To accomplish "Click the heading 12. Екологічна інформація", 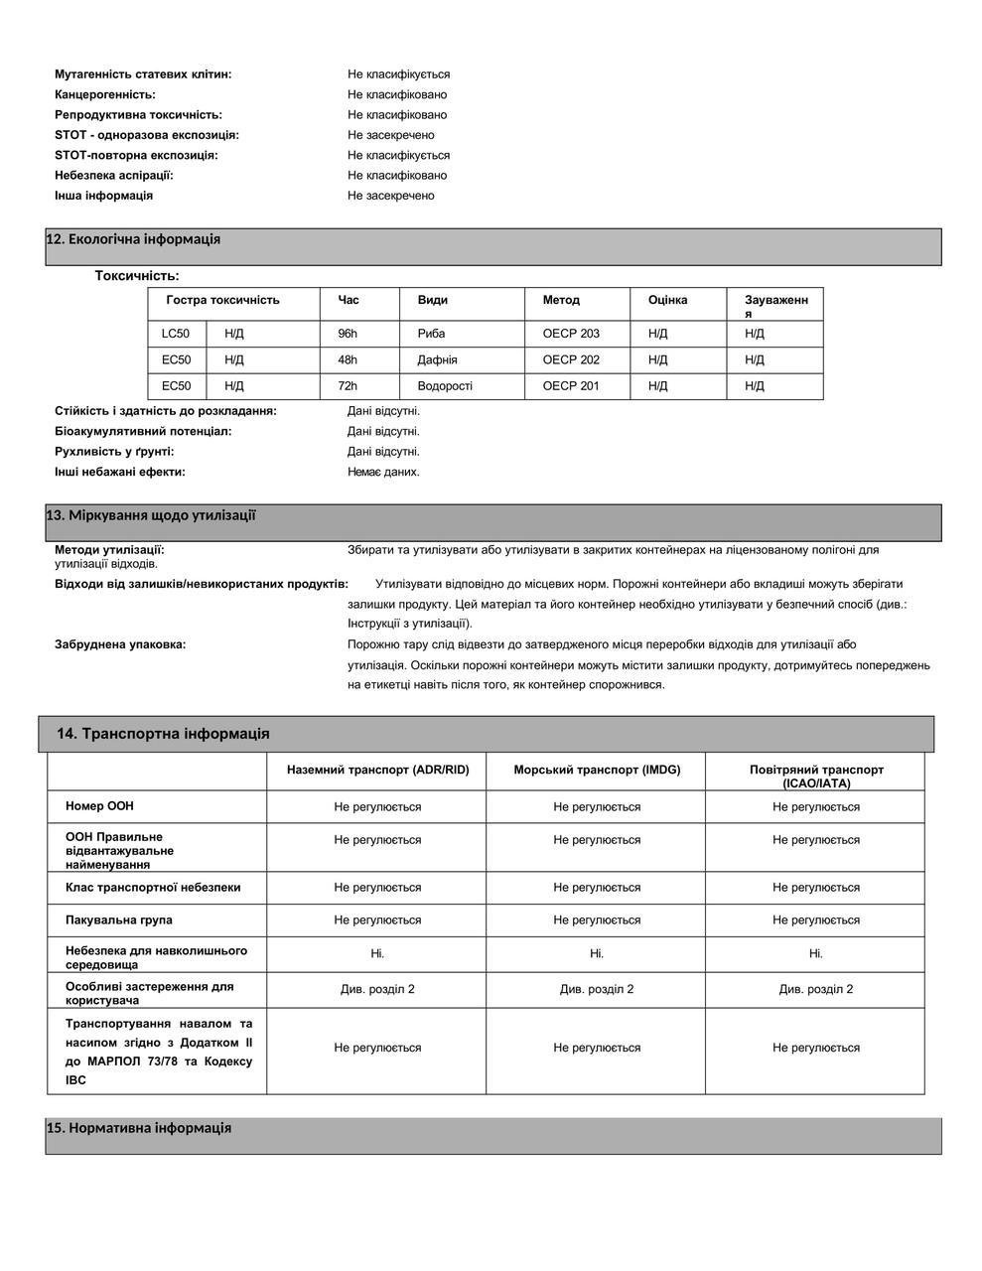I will [x=133, y=239].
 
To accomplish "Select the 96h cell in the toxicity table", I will [x=348, y=334].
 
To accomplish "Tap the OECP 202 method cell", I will [x=571, y=359].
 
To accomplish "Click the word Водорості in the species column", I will [x=445, y=385].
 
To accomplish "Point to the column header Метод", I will [x=561, y=300].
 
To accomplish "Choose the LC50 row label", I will [x=176, y=334].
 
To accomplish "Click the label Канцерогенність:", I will [x=105, y=94].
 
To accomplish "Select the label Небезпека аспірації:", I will [x=114, y=175].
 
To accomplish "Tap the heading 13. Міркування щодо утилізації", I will [x=151, y=515].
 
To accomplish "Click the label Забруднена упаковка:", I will [x=120, y=644].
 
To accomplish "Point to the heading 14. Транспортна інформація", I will [x=163, y=734].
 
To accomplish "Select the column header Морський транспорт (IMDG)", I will [x=597, y=770].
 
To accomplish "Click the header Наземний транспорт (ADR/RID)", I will [x=377, y=770].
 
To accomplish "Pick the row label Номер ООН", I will [x=98, y=806].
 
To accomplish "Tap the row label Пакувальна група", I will [x=119, y=919].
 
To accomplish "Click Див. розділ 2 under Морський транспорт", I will [x=597, y=989].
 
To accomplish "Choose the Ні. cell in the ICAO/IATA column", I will [x=815, y=953].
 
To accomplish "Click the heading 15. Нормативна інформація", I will [x=139, y=1128].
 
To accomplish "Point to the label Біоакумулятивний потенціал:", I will [x=143, y=431].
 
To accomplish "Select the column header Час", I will [x=349, y=300].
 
